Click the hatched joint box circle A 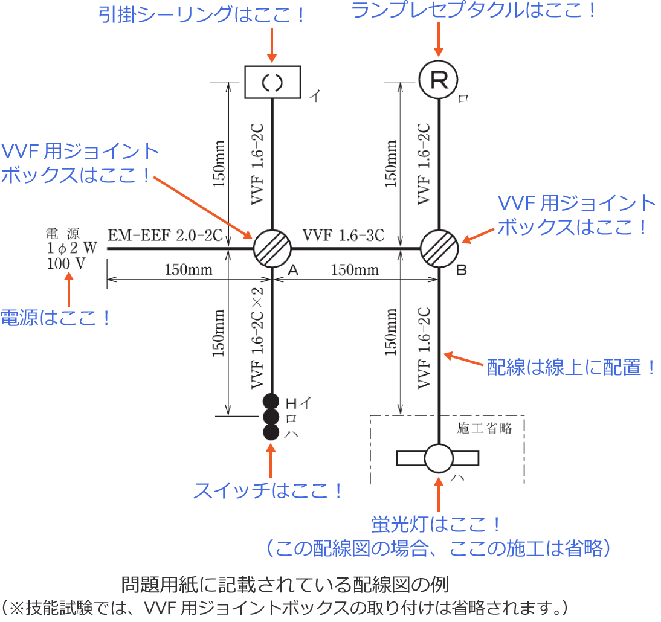point(272,248)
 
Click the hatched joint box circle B point(439,248)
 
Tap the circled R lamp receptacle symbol point(439,80)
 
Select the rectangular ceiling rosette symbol point(272,82)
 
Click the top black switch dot point(271,401)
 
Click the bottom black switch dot point(271,431)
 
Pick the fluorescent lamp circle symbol point(439,458)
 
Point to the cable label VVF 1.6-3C point(343,235)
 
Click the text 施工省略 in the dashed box point(485,428)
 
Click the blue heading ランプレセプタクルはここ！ point(474,11)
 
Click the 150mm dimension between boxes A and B point(354,269)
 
